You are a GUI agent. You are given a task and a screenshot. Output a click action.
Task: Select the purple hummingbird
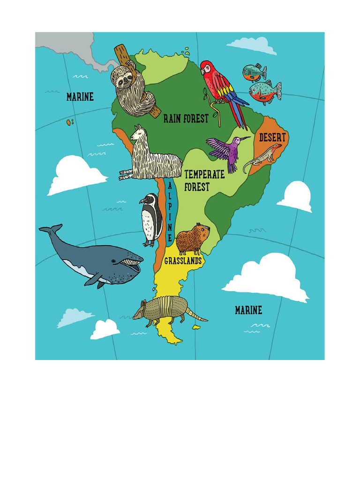pos(225,150)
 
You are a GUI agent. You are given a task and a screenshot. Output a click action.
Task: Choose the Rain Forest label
pos(186,119)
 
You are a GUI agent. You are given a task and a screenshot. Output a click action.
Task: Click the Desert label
pos(272,138)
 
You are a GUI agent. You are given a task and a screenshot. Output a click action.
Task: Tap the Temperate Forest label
pos(204,180)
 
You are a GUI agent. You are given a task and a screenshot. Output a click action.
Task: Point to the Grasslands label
pos(183,261)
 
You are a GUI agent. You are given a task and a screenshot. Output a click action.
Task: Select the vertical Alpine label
pos(169,211)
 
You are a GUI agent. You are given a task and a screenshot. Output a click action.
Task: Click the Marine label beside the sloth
pos(80,97)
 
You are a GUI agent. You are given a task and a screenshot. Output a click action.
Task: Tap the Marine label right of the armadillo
pos(248,310)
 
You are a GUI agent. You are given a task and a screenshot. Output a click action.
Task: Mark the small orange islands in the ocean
pos(70,122)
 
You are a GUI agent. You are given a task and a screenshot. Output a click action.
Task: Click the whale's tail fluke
pos(51,229)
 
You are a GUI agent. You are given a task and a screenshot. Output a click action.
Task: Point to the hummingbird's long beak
pos(245,138)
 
